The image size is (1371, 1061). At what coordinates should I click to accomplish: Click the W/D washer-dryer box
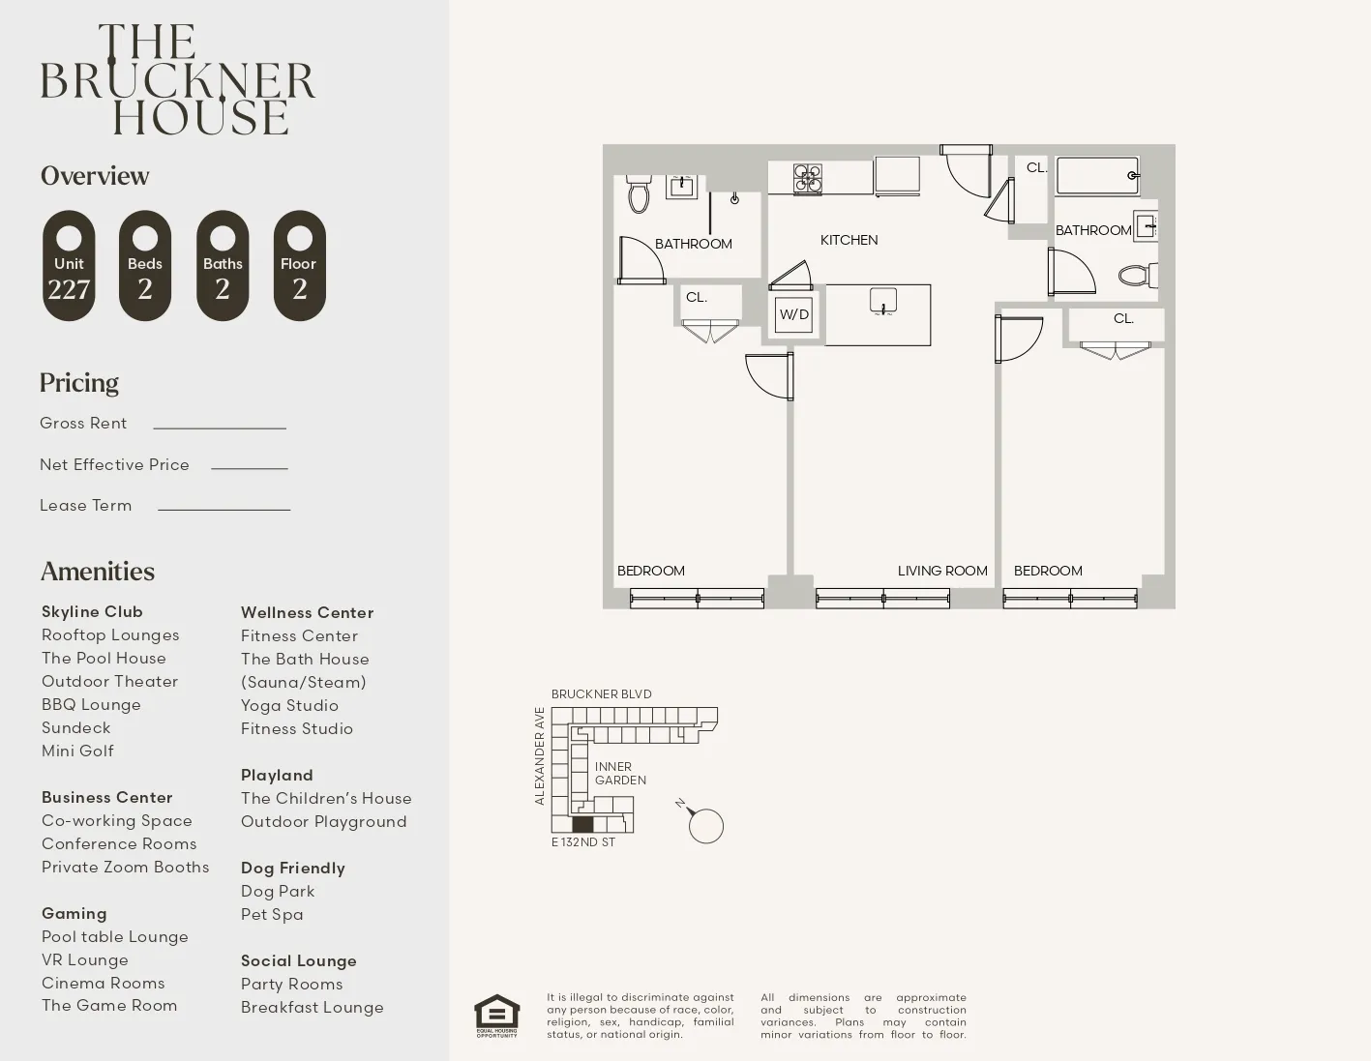(x=793, y=314)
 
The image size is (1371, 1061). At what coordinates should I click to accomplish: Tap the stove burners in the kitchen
(x=807, y=178)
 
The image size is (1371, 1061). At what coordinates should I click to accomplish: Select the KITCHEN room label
(x=849, y=240)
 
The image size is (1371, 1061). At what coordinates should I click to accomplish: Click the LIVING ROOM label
(x=941, y=571)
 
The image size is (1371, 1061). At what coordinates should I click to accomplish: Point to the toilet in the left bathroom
(x=639, y=195)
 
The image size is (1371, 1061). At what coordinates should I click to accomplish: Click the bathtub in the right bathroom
(x=1097, y=176)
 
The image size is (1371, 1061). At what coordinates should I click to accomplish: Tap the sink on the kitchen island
(x=882, y=301)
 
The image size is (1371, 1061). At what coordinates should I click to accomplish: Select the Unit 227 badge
(x=69, y=266)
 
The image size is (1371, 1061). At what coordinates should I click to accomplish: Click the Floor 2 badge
(x=299, y=266)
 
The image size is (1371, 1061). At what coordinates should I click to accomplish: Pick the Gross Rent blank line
(x=220, y=427)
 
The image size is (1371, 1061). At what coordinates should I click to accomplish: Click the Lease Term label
(x=85, y=506)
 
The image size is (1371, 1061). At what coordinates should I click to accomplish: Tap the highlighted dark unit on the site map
(x=582, y=824)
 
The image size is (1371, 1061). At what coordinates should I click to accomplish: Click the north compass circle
(x=706, y=826)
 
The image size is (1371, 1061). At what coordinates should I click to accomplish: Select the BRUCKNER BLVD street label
(x=601, y=694)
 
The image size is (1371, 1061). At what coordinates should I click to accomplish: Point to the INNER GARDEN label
(x=620, y=774)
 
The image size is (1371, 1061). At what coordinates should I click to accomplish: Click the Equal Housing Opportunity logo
(x=497, y=1016)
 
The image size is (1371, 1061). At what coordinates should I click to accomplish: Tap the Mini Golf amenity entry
(x=77, y=751)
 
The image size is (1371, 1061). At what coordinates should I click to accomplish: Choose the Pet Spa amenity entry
(x=272, y=914)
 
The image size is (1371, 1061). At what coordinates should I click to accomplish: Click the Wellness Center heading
(x=307, y=612)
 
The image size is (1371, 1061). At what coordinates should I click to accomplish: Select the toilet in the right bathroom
(x=1136, y=276)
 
